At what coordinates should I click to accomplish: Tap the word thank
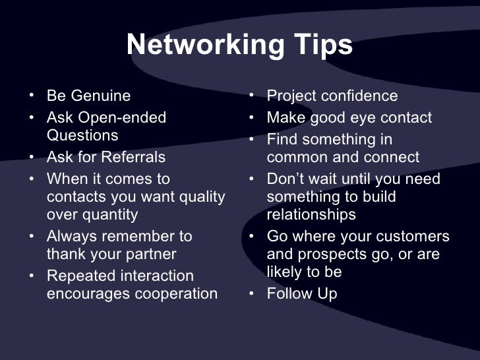pyautogui.click(x=67, y=255)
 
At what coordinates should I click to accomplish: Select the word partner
pyautogui.click(x=149, y=255)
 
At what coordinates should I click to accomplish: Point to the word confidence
pyautogui.click(x=359, y=96)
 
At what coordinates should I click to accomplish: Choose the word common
pyautogui.click(x=293, y=158)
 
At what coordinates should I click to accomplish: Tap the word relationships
pyautogui.click(x=311, y=215)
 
